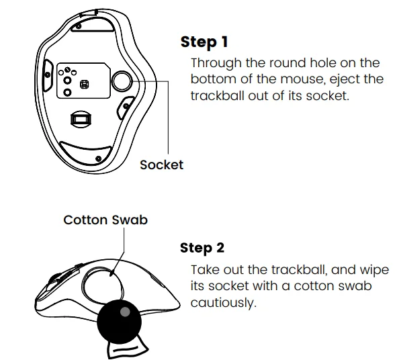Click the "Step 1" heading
[x=204, y=42]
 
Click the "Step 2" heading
[x=202, y=248]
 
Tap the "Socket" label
[x=161, y=165]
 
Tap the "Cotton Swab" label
[x=105, y=220]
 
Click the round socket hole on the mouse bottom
[x=122, y=81]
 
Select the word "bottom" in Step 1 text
[x=213, y=79]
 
